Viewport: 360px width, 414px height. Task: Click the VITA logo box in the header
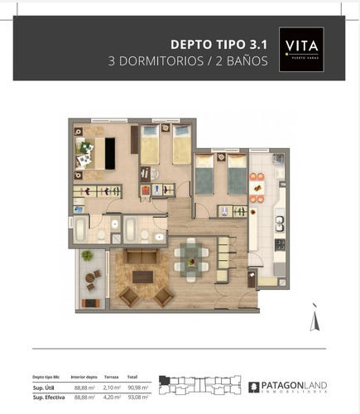pyautogui.click(x=300, y=51)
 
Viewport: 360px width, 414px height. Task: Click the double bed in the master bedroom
pyautogui.click(x=98, y=153)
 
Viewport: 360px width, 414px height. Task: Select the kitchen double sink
pyautogui.click(x=280, y=223)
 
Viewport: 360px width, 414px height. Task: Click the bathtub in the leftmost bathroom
pyautogui.click(x=79, y=229)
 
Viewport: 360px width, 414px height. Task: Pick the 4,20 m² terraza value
pyautogui.click(x=112, y=397)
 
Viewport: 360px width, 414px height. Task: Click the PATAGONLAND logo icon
pyautogui.click(x=254, y=386)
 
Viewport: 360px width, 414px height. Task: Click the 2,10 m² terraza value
pyautogui.click(x=112, y=387)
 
